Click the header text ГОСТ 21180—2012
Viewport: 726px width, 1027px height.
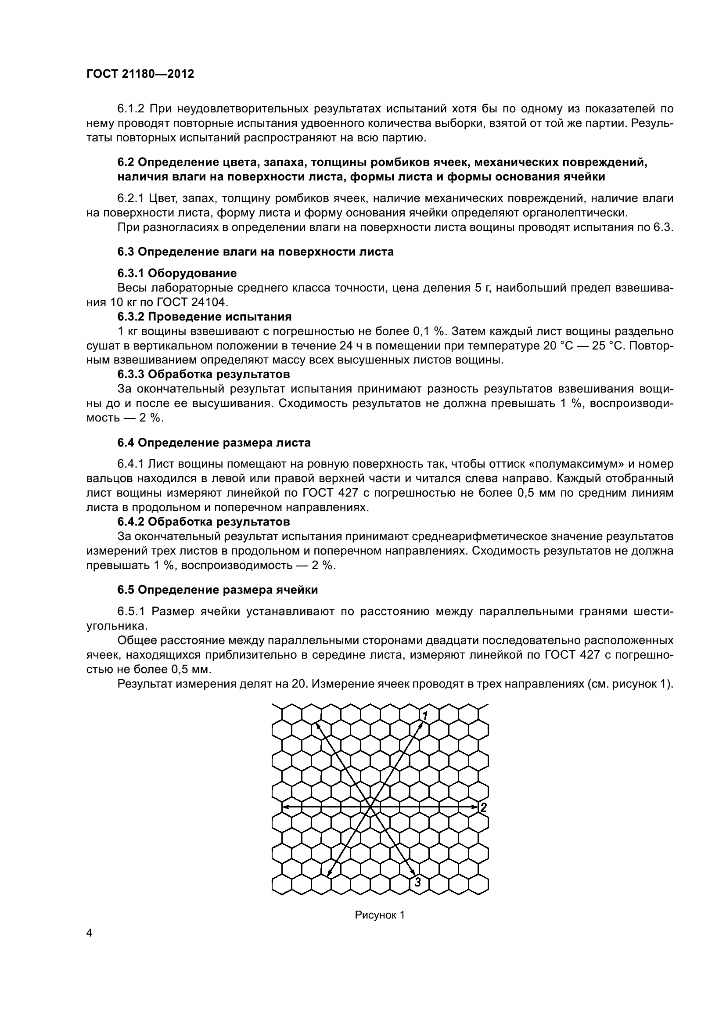point(140,74)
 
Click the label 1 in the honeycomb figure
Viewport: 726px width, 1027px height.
point(426,713)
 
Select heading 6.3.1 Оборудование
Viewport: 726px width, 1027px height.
point(176,273)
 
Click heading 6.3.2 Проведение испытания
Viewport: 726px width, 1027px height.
point(204,317)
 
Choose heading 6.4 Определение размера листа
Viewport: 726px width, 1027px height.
point(214,443)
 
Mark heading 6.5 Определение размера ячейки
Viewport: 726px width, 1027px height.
point(217,590)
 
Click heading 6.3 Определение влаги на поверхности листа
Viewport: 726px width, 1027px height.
point(255,252)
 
